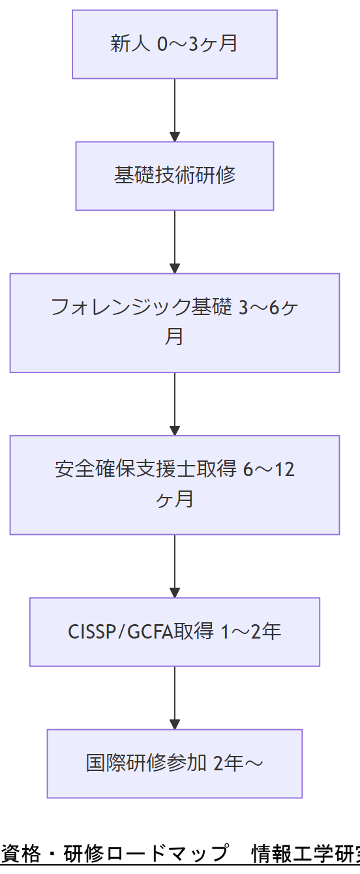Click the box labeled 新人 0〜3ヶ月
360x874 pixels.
(x=174, y=44)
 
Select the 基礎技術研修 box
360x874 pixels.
(x=174, y=176)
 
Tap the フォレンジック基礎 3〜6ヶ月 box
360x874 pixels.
(x=174, y=323)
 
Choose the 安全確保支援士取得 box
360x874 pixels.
(x=174, y=485)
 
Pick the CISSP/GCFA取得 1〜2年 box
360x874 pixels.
(x=174, y=632)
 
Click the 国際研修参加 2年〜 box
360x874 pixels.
(x=174, y=763)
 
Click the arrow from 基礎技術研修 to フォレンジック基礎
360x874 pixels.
(x=174, y=241)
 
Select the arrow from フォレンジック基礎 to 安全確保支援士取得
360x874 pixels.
(x=174, y=404)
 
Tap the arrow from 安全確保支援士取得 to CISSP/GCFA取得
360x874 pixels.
(x=174, y=565)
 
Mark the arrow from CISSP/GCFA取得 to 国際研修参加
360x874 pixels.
(x=174, y=697)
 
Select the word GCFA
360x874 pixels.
(x=147, y=632)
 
